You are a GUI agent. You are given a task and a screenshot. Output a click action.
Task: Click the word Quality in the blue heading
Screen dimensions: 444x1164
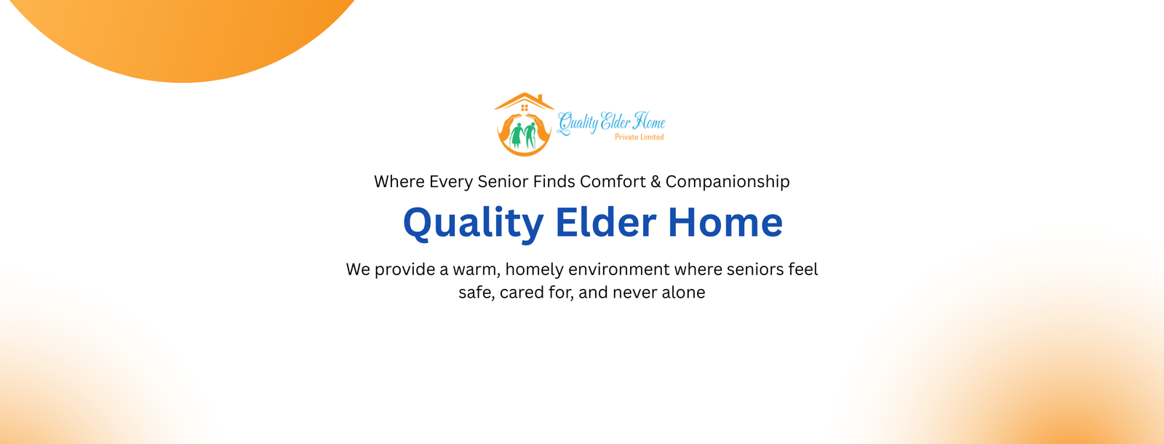473,223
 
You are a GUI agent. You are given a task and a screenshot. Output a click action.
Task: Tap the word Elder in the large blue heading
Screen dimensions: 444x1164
605,223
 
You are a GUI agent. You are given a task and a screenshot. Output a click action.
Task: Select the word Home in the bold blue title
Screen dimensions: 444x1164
725,223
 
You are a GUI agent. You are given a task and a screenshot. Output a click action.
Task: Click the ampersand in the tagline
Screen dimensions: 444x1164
655,181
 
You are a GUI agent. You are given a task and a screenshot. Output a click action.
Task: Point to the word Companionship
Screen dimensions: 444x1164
727,182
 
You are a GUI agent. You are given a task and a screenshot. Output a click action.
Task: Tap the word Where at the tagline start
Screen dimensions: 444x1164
399,181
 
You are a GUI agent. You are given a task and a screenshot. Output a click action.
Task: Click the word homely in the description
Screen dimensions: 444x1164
534,270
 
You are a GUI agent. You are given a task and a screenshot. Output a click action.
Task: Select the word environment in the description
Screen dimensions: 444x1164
618,269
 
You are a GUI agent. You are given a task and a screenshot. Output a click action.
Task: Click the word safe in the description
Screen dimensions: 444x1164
475,293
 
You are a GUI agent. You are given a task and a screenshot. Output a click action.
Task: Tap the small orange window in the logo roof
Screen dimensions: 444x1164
525,108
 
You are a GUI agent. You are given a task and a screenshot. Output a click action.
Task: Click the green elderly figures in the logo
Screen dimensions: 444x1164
524,135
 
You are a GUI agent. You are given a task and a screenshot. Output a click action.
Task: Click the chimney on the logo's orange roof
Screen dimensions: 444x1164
539,98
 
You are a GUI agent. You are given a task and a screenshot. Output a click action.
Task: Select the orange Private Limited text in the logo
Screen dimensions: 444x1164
639,137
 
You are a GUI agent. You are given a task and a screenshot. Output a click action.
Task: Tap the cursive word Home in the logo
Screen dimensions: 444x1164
648,121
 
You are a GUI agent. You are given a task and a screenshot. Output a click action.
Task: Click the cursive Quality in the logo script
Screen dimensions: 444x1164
578,122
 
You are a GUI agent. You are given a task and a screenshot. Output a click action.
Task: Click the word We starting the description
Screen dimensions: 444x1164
358,269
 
